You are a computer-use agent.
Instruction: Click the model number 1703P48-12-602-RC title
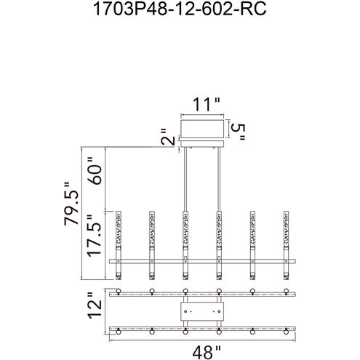tap(180, 9)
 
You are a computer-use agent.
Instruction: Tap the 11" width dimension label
tap(207, 104)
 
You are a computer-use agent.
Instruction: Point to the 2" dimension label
tap(168, 137)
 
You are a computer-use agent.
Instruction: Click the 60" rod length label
tap(95, 171)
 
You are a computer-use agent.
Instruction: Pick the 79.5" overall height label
tap(71, 204)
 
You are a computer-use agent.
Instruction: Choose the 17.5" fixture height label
tap(94, 236)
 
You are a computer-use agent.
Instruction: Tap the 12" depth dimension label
tap(95, 305)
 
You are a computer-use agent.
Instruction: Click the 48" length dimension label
tap(207, 353)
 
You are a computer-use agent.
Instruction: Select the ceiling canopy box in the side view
tap(202, 129)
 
